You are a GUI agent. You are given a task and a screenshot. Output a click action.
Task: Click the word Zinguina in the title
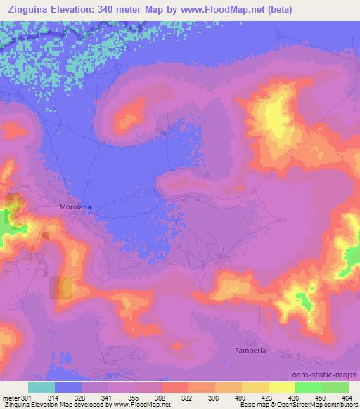pos(28,10)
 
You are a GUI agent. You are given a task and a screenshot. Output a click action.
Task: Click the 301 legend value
pos(25,397)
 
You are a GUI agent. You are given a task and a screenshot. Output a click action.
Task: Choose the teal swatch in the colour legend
pos(41,387)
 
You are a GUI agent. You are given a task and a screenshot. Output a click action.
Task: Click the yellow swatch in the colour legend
pos(281,387)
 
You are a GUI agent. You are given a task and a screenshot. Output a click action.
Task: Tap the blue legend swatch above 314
pos(68,387)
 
